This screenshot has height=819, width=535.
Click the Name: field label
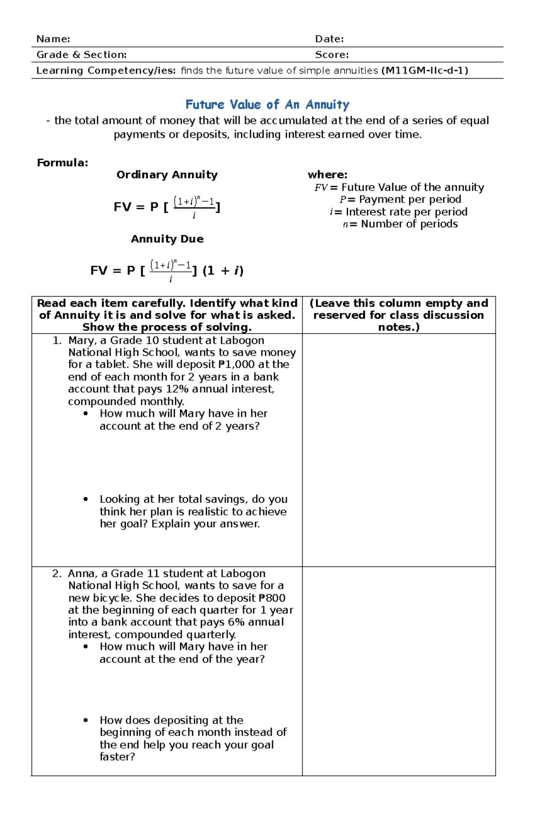(x=53, y=39)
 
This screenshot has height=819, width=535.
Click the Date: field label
(x=329, y=39)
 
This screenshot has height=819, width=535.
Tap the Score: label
(x=332, y=54)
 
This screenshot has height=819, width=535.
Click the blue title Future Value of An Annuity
(x=267, y=104)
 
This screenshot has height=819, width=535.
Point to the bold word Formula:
(x=62, y=162)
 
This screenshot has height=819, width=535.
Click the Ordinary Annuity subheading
(x=167, y=175)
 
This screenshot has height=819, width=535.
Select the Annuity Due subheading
(x=167, y=239)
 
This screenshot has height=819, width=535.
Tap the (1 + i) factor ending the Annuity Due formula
(x=223, y=270)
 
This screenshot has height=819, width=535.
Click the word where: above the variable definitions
(x=327, y=175)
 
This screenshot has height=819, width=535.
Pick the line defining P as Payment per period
(x=400, y=199)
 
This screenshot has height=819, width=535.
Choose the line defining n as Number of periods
(x=400, y=224)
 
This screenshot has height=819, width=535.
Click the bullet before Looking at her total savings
(x=86, y=499)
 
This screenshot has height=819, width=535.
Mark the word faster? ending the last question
(x=117, y=757)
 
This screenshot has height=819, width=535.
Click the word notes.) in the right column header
(x=399, y=327)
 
